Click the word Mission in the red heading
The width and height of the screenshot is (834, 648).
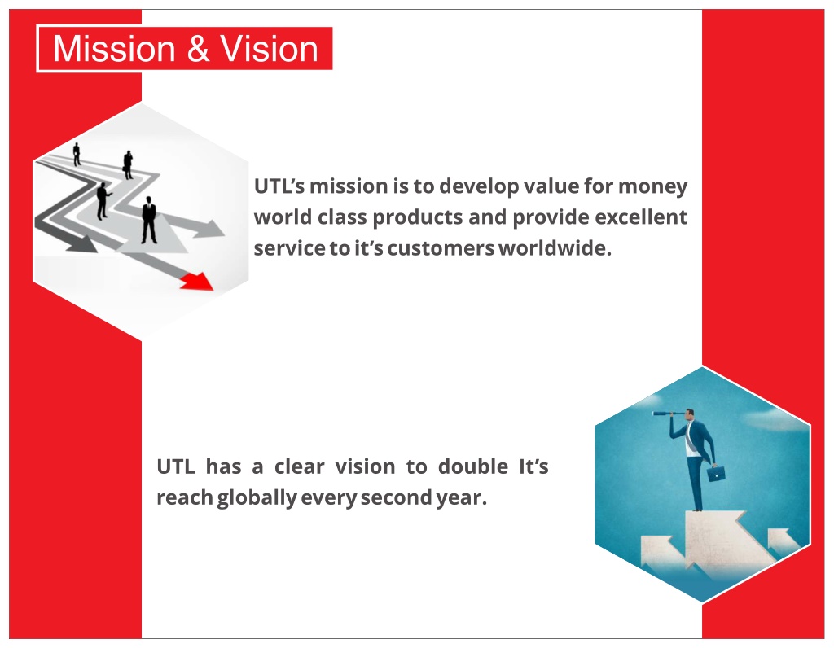(114, 48)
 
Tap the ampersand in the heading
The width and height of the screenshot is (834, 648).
(198, 48)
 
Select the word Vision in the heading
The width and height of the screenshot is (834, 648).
(269, 48)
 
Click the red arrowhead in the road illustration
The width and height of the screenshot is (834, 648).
(197, 281)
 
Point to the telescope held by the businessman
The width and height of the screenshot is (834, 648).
(668, 413)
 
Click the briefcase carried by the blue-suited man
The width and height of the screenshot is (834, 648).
(716, 473)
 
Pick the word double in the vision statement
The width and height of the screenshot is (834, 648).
(473, 466)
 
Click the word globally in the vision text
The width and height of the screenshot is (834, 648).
(257, 498)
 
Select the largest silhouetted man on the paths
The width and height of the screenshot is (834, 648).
(149, 220)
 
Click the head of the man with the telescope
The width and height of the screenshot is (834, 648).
(689, 414)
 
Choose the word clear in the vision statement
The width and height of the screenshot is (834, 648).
(299, 466)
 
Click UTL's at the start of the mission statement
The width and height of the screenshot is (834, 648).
(279, 186)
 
